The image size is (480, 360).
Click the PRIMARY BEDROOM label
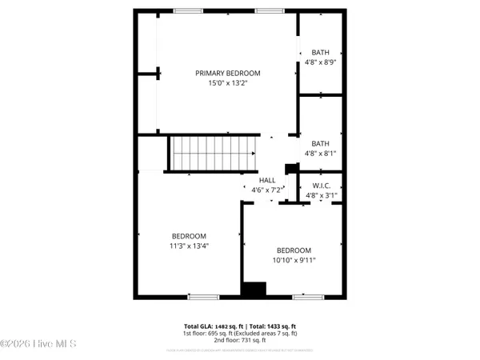pyautogui.click(x=228, y=73)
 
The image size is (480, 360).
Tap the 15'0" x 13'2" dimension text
pyautogui.click(x=228, y=82)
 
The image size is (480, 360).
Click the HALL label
pyautogui.click(x=267, y=180)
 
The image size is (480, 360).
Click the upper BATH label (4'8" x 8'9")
pyautogui.click(x=321, y=52)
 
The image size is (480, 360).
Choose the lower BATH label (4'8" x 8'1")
pyautogui.click(x=321, y=143)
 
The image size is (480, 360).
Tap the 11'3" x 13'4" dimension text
pyautogui.click(x=189, y=246)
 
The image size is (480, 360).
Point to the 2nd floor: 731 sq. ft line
pyautogui.click(x=240, y=341)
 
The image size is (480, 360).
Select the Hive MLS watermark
pyautogui.click(x=38, y=344)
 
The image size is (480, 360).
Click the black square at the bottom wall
pyautogui.click(x=254, y=290)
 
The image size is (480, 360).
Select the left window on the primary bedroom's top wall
pyautogui.click(x=187, y=11)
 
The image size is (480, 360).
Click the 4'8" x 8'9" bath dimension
pyautogui.click(x=321, y=62)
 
